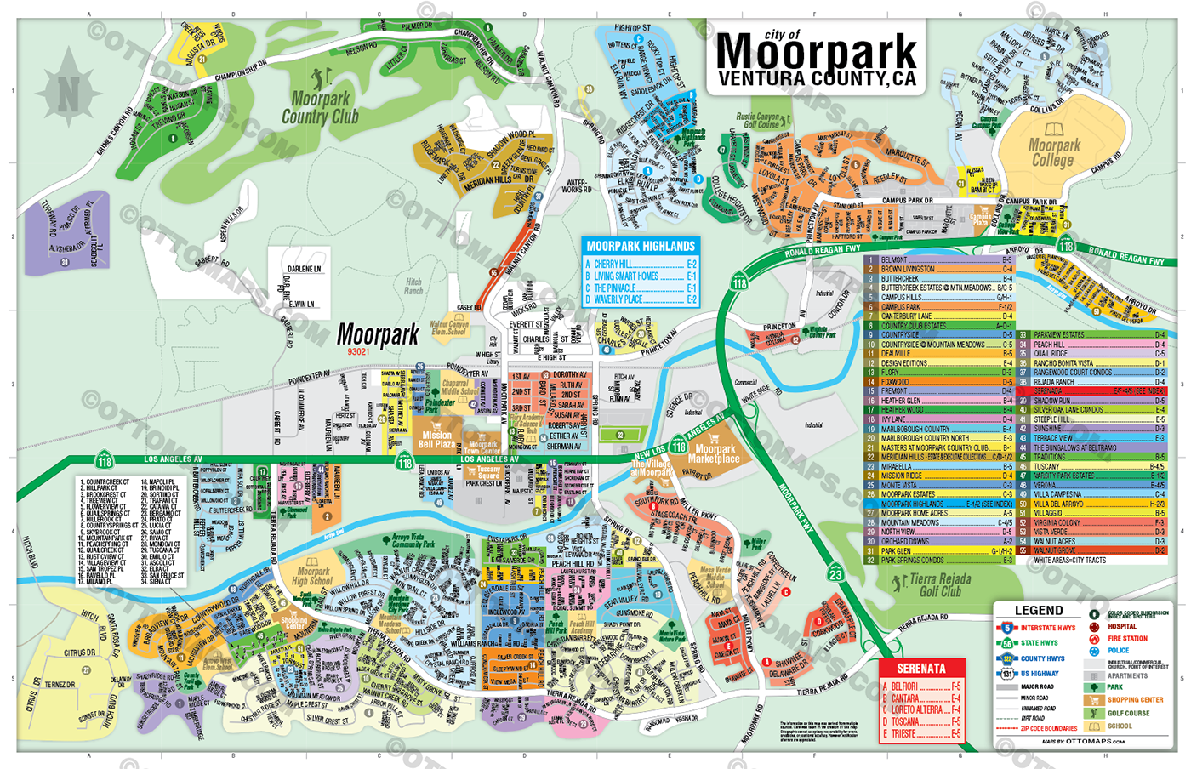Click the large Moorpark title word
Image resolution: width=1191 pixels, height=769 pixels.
817,53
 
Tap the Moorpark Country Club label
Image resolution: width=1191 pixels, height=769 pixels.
320,108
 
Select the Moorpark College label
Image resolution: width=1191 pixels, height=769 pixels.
1053,152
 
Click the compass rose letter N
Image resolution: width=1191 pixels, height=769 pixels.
68,94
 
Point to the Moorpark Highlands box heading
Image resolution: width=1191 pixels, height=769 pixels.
641,246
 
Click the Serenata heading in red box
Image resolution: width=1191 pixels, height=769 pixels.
921,669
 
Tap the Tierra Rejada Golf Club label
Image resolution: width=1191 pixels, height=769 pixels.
939,585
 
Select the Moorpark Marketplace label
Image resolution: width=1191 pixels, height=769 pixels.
715,454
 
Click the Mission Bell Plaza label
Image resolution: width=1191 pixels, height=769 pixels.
436,440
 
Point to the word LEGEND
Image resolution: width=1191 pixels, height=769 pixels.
1039,610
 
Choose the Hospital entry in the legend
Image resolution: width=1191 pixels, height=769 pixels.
1121,626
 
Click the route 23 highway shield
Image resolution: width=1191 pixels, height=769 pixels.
836,574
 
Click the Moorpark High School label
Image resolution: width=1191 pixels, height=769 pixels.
313,576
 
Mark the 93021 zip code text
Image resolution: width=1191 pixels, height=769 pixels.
358,351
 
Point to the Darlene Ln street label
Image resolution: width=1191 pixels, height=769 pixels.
305,269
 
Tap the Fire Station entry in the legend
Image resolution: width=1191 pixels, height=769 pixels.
1127,638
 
